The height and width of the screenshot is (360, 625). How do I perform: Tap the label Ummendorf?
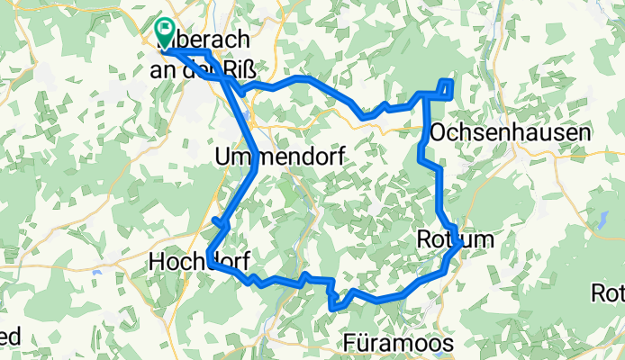click(x=270, y=157)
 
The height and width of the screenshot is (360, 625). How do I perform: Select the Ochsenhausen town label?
click(x=511, y=132)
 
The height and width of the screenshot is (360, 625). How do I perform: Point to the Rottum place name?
click(x=456, y=239)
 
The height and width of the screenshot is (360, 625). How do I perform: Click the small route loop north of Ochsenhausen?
click(x=446, y=86)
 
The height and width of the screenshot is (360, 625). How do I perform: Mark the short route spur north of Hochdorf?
click(x=216, y=221)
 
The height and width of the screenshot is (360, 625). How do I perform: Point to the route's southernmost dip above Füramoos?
click(x=335, y=307)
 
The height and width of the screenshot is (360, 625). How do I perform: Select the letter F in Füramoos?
click(x=350, y=343)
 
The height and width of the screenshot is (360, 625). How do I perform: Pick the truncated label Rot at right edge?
click(x=608, y=293)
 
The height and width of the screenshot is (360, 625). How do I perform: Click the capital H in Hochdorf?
click(x=155, y=262)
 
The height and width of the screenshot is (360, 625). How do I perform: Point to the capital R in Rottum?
click(x=425, y=239)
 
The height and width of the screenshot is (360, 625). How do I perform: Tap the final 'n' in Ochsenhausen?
click(x=584, y=132)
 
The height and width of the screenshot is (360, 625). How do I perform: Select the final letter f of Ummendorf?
click(x=321, y=157)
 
